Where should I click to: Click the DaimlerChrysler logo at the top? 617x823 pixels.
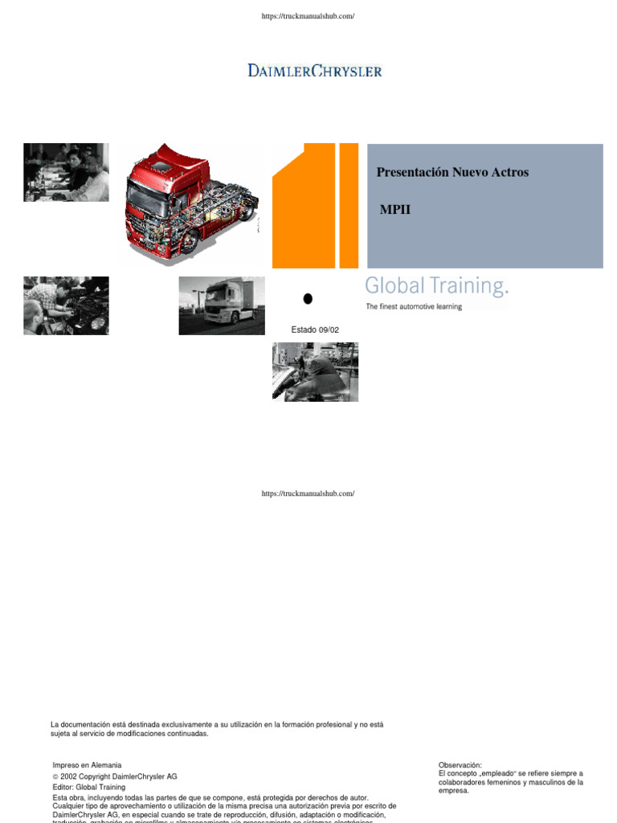[314, 71]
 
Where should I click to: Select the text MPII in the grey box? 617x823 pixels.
[395, 210]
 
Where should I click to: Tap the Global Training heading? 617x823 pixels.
[437, 286]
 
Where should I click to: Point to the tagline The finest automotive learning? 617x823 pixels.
[414, 307]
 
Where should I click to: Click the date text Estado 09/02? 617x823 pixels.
[309, 330]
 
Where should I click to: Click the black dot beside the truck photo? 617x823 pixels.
[307, 298]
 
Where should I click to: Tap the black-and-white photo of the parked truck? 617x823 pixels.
[222, 305]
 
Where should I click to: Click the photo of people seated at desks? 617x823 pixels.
[66, 172]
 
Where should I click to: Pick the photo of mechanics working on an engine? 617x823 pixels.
[66, 305]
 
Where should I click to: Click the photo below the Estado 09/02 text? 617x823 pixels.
[315, 371]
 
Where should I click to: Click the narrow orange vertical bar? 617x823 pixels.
[349, 206]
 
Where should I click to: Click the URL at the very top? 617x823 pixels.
[308, 17]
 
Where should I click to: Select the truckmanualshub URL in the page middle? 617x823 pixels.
[308, 493]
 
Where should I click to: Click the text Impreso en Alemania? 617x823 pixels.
[87, 765]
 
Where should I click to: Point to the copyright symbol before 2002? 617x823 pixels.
[55, 777]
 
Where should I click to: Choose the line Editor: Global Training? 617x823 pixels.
[88, 788]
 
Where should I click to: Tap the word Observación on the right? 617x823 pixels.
[460, 765]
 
